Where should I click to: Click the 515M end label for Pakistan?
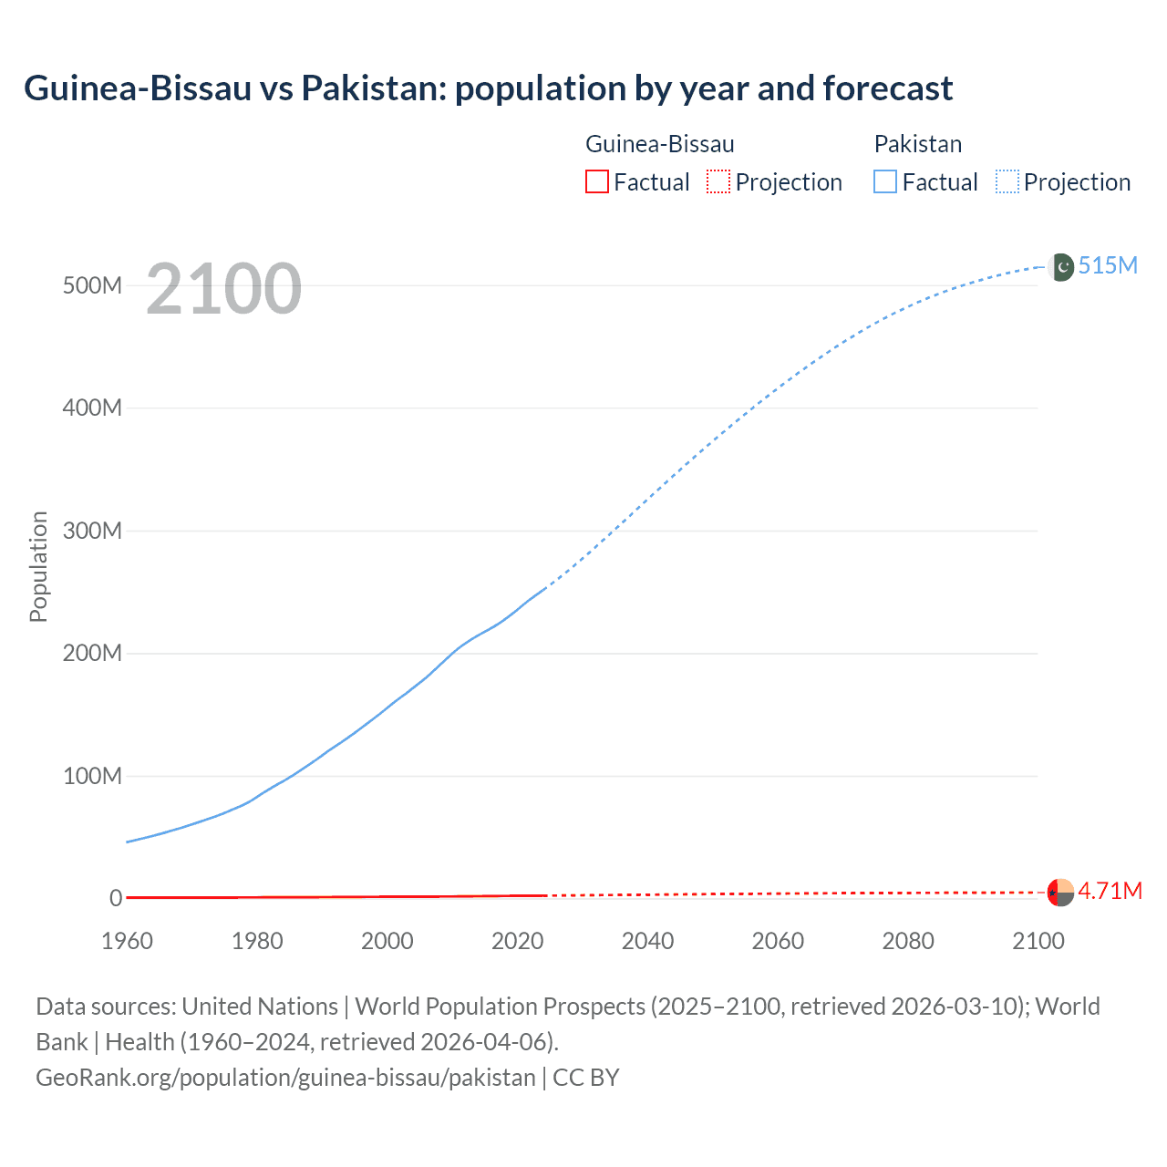(1108, 265)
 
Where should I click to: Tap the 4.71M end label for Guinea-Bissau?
(1110, 891)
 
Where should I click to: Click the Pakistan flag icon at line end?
(1061, 267)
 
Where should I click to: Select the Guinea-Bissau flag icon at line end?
(1060, 892)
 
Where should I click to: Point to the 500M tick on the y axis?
(92, 285)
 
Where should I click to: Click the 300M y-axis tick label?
(92, 531)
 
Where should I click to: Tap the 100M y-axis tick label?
(92, 776)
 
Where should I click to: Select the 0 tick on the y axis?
(116, 898)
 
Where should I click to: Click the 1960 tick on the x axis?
(127, 941)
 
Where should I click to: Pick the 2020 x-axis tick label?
(517, 941)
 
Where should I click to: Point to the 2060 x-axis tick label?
(778, 941)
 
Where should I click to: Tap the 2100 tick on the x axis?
(1038, 941)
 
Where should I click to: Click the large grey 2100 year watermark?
(223, 289)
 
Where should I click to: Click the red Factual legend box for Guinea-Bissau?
(596, 181)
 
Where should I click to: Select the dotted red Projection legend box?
(718, 181)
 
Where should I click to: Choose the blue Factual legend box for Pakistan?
(885, 181)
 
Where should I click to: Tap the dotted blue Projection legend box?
(1007, 181)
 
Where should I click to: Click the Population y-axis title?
(38, 566)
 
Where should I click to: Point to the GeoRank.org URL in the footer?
(285, 1077)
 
